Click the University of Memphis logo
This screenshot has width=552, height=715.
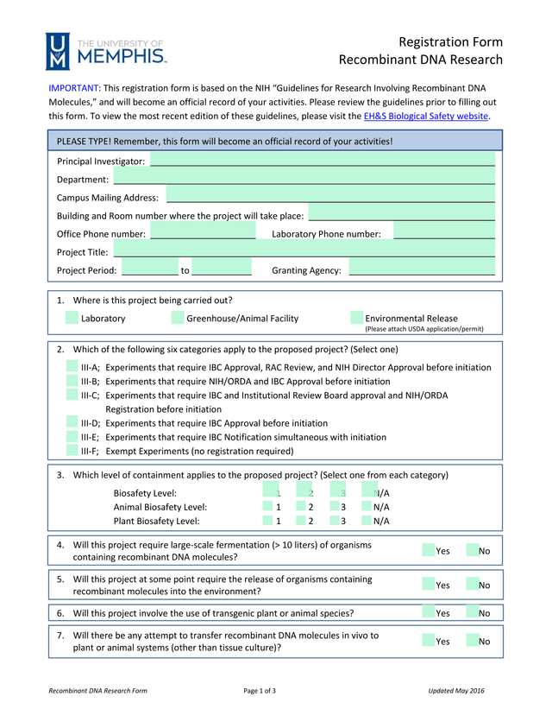click(106, 51)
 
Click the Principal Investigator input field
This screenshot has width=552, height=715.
click(323, 160)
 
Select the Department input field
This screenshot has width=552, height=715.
click(304, 178)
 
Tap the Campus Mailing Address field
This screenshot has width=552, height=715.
click(330, 196)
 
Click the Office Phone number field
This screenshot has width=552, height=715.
click(203, 233)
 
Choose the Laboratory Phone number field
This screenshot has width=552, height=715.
click(443, 233)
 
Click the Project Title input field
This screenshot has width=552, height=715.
click(304, 251)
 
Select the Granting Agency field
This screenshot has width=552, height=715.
click(422, 269)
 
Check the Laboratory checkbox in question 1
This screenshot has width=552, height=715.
click(72, 318)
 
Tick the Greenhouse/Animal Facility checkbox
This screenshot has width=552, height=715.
click(178, 318)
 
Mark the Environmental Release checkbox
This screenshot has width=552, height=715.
click(357, 318)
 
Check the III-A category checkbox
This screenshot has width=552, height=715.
click(72, 367)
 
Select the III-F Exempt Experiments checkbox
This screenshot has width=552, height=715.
click(72, 451)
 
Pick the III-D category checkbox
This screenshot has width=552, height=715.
click(72, 423)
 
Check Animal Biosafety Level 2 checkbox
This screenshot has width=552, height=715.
click(302, 507)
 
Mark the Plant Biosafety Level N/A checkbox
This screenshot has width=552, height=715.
click(367, 521)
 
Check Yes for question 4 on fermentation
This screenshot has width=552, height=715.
click(429, 550)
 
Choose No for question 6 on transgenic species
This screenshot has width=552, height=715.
click(472, 612)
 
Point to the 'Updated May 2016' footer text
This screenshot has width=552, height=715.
click(456, 691)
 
